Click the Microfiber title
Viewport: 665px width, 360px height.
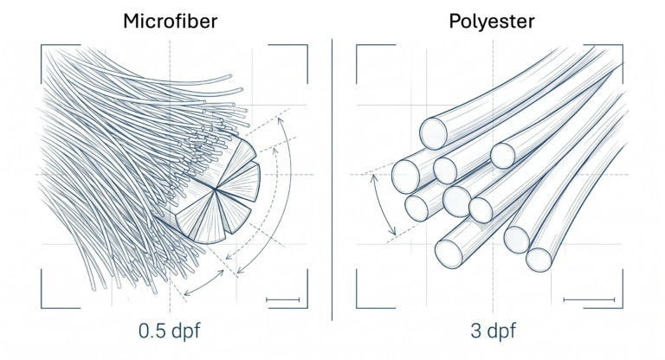[170, 21]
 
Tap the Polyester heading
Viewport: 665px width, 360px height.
[492, 21]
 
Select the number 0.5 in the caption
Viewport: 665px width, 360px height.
[152, 331]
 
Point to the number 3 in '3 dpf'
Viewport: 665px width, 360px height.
[475, 331]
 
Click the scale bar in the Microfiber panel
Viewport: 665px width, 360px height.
[282, 299]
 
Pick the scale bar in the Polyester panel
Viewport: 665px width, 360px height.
[589, 299]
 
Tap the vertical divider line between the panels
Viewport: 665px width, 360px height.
[332, 179]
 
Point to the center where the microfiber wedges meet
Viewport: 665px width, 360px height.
[216, 190]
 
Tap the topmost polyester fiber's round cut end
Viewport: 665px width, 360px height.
[434, 133]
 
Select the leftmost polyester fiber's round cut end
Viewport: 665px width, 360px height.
[405, 177]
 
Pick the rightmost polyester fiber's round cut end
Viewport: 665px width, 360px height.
[539, 260]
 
